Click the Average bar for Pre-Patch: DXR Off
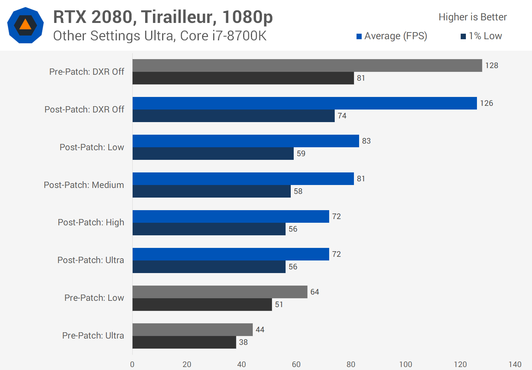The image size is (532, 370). coord(307,65)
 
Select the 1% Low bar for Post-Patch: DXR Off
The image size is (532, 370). coord(233,116)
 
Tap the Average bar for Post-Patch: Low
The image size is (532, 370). coord(246,141)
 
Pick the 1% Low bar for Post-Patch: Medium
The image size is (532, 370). coord(211,191)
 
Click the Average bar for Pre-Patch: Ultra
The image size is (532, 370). coord(192,330)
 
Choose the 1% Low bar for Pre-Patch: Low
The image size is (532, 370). coord(202,305)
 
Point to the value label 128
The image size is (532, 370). coord(491,65)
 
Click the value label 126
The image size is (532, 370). coord(486,103)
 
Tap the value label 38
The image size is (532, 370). coord(243,342)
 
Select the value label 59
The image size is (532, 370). coord(301,154)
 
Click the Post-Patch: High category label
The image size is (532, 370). coord(91,222)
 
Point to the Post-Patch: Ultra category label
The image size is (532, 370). coord(91,260)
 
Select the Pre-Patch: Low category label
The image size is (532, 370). coord(94,298)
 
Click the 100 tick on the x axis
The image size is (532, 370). coord(405,364)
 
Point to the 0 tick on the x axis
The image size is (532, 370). coord(132,364)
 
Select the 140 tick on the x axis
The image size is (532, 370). coord(515,364)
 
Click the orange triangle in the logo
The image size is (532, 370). coord(25,25)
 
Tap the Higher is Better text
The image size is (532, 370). coord(473,17)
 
